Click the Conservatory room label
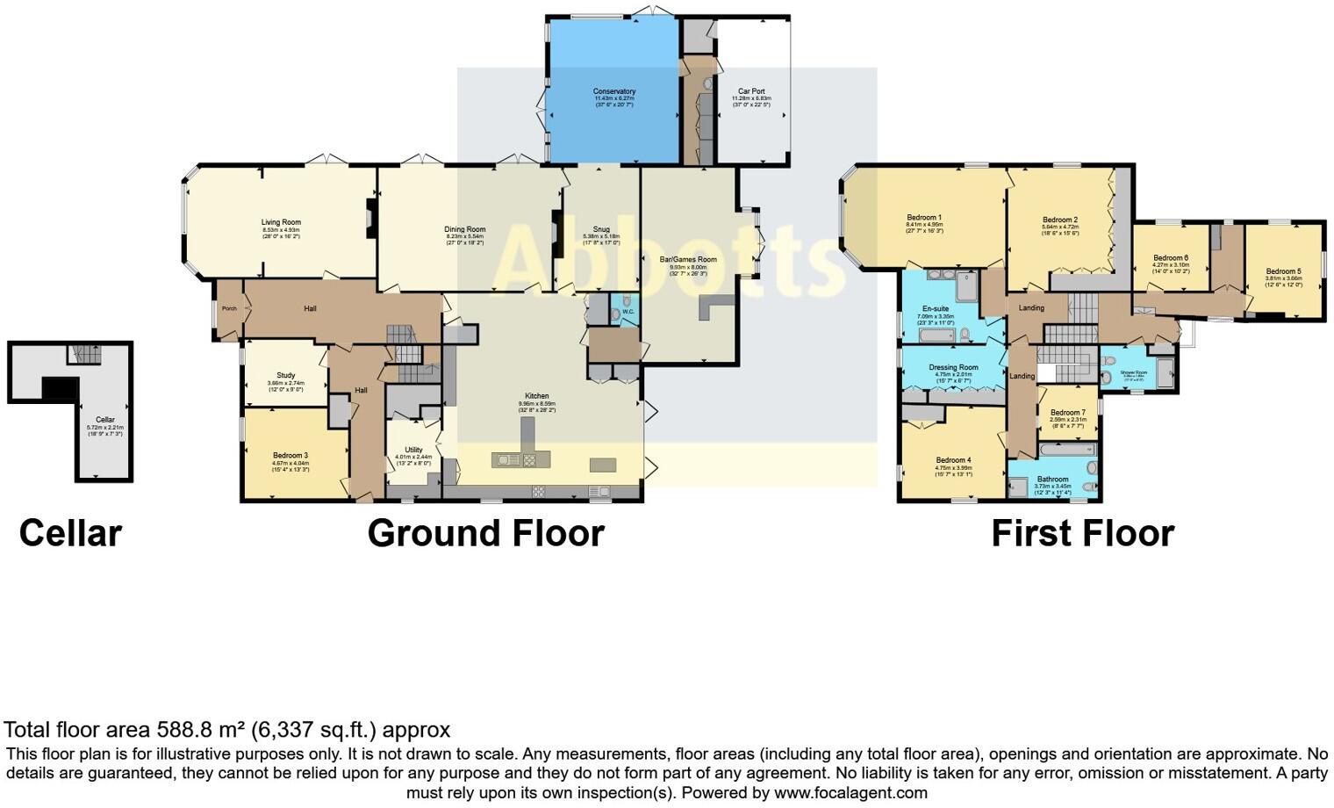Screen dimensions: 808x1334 click(613, 91)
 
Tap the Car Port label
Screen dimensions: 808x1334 click(751, 91)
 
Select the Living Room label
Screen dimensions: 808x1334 click(281, 223)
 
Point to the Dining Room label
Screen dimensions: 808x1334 click(465, 229)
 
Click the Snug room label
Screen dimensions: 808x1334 click(601, 229)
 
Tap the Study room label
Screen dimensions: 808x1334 click(285, 376)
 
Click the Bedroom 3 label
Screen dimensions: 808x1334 click(290, 456)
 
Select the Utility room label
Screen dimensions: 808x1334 click(412, 450)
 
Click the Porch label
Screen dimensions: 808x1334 click(229, 308)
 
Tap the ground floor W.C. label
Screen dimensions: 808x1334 click(628, 312)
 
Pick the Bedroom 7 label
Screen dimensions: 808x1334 click(1067, 413)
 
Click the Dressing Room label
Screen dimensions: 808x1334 click(953, 368)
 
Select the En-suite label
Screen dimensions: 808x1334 click(936, 309)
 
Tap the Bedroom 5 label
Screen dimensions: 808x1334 click(1283, 272)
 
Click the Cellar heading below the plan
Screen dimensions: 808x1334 click(70, 533)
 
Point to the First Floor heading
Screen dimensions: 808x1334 click(1082, 533)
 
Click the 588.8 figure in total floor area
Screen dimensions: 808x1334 click(183, 730)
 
